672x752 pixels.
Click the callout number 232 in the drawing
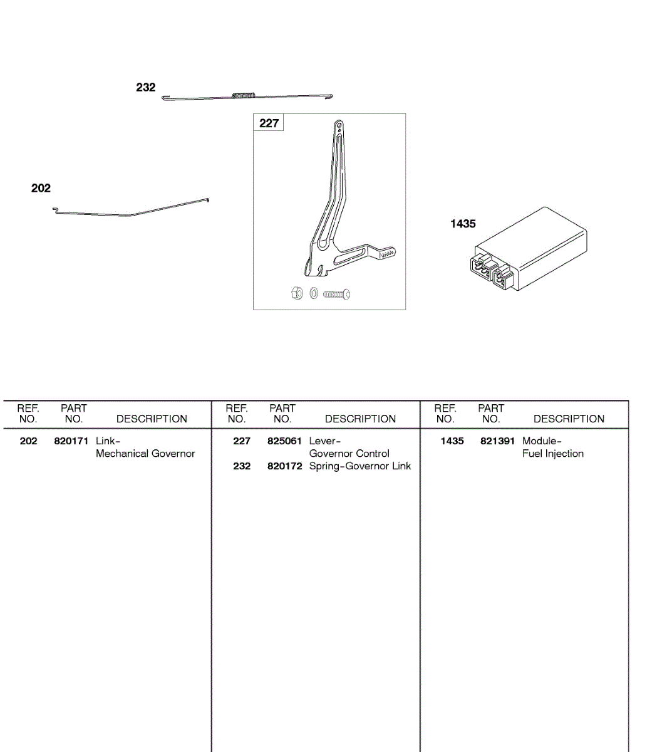[145, 88]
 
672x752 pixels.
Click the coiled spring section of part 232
[244, 96]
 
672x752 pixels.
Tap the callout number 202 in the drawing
[41, 189]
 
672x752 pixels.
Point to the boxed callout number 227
[269, 123]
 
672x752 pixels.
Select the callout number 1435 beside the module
[463, 224]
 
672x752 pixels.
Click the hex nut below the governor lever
[297, 293]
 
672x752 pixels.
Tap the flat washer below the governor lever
[314, 293]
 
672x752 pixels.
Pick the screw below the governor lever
[337, 294]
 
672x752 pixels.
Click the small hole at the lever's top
[339, 124]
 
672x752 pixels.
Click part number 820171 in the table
[71, 441]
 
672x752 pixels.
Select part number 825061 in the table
[284, 441]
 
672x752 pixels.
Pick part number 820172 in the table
[284, 466]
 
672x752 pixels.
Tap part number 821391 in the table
[498, 441]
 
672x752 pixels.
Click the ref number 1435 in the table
[452, 441]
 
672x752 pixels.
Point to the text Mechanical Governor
[145, 454]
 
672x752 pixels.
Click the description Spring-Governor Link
[360, 466]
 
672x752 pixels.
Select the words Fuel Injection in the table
[553, 454]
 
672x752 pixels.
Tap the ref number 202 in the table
[29, 441]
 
